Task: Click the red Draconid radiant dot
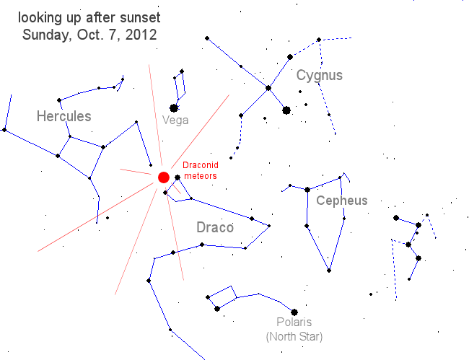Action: coord(163,177)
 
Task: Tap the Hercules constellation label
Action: coord(64,116)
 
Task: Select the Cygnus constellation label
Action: coord(319,75)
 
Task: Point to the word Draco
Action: coord(215,228)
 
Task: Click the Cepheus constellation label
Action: coord(341,201)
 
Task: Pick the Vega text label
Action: coord(175,120)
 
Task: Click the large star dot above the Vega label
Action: coord(174,108)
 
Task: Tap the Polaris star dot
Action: coord(294,312)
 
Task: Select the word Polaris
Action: coord(294,323)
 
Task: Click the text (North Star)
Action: coord(294,336)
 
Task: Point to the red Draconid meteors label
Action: coord(199,171)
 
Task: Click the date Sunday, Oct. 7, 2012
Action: coord(89,34)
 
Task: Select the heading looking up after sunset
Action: coord(89,17)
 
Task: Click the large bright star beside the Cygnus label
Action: coord(286,110)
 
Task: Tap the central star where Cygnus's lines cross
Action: coord(268,88)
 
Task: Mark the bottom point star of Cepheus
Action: coord(329,271)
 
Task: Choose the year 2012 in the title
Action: coord(141,34)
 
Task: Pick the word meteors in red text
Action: coord(199,176)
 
